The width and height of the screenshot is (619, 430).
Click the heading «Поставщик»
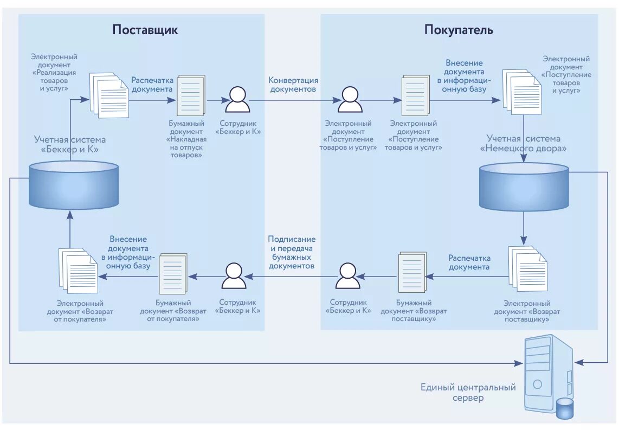click(145, 29)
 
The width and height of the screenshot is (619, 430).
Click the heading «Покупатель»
click(459, 29)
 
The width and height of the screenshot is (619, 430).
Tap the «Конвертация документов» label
click(293, 84)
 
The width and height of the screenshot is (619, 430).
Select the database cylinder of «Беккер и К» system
click(74, 185)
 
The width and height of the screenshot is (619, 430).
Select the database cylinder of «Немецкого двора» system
click(524, 188)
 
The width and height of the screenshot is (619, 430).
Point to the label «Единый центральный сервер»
click(468, 393)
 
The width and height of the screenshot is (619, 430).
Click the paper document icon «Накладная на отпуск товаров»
click(191, 95)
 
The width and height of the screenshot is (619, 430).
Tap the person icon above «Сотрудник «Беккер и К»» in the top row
click(237, 99)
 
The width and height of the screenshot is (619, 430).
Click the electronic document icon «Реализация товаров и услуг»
click(109, 94)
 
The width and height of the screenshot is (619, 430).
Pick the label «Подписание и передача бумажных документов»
click(292, 253)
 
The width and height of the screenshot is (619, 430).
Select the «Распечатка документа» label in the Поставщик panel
click(152, 85)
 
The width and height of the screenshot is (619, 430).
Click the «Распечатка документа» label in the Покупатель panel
click(469, 262)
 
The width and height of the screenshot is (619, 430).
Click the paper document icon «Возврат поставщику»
click(412, 273)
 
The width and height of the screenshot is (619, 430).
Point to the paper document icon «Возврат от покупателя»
click(173, 274)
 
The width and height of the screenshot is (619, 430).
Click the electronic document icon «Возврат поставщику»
click(527, 269)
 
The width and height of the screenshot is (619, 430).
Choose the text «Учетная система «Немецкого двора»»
click(523, 143)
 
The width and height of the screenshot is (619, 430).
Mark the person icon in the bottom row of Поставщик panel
click(234, 276)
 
